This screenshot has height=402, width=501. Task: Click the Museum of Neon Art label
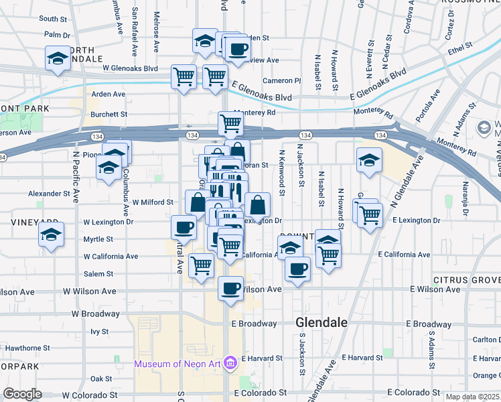click(178, 364)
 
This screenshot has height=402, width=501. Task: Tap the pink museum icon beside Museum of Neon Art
click(231, 364)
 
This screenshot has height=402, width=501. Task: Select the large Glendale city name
click(321, 322)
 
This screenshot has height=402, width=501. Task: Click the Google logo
click(22, 394)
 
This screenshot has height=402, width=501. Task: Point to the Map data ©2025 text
click(473, 397)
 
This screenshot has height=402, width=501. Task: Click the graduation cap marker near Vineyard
click(51, 235)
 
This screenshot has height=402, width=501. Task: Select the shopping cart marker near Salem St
click(201, 266)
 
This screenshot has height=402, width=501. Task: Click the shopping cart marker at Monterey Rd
click(230, 123)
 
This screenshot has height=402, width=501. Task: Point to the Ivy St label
click(99, 331)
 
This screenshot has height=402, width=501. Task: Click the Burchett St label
click(109, 115)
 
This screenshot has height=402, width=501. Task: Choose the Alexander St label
click(49, 193)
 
